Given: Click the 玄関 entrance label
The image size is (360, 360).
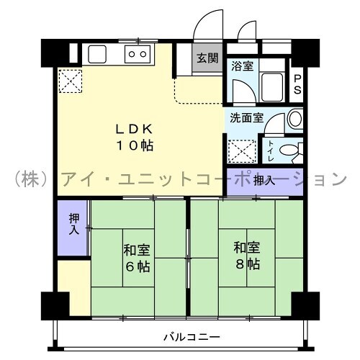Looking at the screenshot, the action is coord(207,58).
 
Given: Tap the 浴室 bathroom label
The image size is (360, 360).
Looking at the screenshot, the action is coord(243,66).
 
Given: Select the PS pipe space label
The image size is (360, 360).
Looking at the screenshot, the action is coord(297,84).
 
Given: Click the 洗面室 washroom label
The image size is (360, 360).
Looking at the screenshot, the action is coord(247,118).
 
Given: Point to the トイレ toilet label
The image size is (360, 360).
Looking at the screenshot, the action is coord(271,151).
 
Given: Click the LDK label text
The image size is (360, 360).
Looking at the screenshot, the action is coord(135,129).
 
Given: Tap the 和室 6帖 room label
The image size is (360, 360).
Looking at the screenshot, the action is coord(137,258).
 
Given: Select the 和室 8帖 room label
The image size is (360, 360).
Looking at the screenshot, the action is coord(247,256).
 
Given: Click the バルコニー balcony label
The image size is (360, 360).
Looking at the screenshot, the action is coord(192,337).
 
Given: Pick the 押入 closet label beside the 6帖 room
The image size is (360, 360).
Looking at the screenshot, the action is coord(74,224).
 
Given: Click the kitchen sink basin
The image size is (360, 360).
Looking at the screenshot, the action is coord(97,55).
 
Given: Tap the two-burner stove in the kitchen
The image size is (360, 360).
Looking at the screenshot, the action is coord(138,54).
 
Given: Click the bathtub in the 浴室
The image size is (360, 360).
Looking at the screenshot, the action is coord(272,87).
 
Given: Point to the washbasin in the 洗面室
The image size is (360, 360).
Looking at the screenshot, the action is coord(295,119).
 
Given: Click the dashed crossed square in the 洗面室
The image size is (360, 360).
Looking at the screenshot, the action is coord(242,151).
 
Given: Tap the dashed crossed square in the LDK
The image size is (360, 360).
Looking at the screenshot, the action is coord(71,81).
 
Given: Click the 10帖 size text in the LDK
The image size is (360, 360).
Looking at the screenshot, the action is coord(135,145).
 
